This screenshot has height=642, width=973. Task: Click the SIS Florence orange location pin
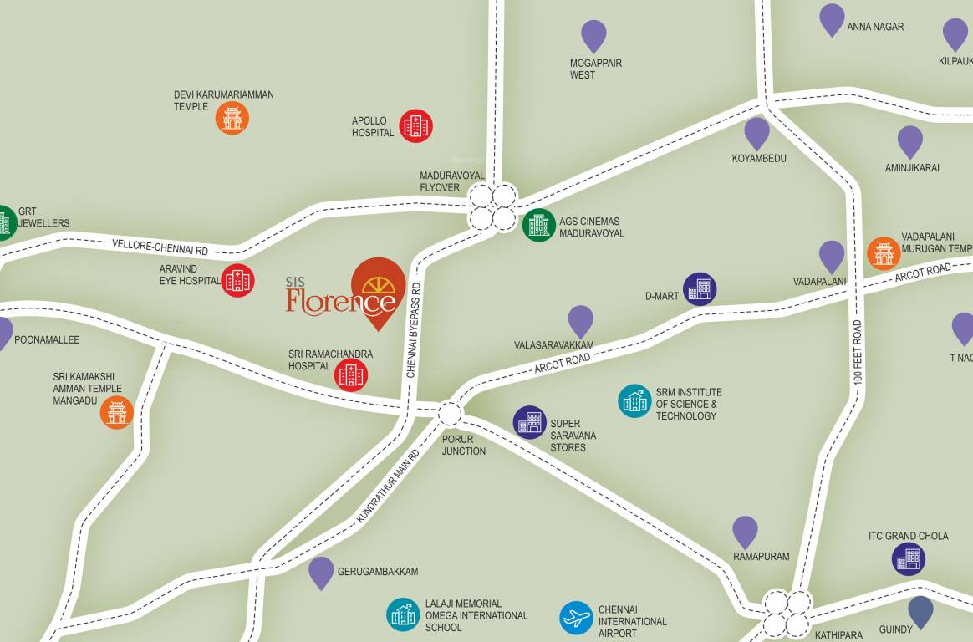(379, 289)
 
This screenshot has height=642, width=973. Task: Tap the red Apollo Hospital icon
(415, 126)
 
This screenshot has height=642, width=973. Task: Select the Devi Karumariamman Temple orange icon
(232, 118)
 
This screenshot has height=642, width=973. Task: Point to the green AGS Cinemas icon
(539, 225)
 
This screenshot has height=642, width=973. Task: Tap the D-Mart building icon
(700, 289)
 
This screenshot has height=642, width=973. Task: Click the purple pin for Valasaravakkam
(581, 320)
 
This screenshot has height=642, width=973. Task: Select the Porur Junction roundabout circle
(450, 414)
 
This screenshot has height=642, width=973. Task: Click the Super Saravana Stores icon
(530, 423)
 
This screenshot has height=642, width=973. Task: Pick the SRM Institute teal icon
(635, 401)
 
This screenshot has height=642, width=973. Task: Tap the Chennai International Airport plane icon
(576, 619)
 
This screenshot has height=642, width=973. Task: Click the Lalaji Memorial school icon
(403, 614)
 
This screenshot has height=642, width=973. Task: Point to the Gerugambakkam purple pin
(321, 572)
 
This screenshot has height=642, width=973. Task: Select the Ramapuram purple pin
(745, 531)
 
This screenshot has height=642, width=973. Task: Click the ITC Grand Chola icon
(909, 559)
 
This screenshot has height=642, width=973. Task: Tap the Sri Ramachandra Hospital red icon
(351, 375)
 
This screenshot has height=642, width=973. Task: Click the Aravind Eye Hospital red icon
(238, 281)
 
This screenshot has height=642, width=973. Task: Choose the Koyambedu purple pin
(756, 132)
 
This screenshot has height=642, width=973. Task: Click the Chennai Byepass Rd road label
(411, 330)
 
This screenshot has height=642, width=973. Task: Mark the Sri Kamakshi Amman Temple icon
(117, 412)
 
